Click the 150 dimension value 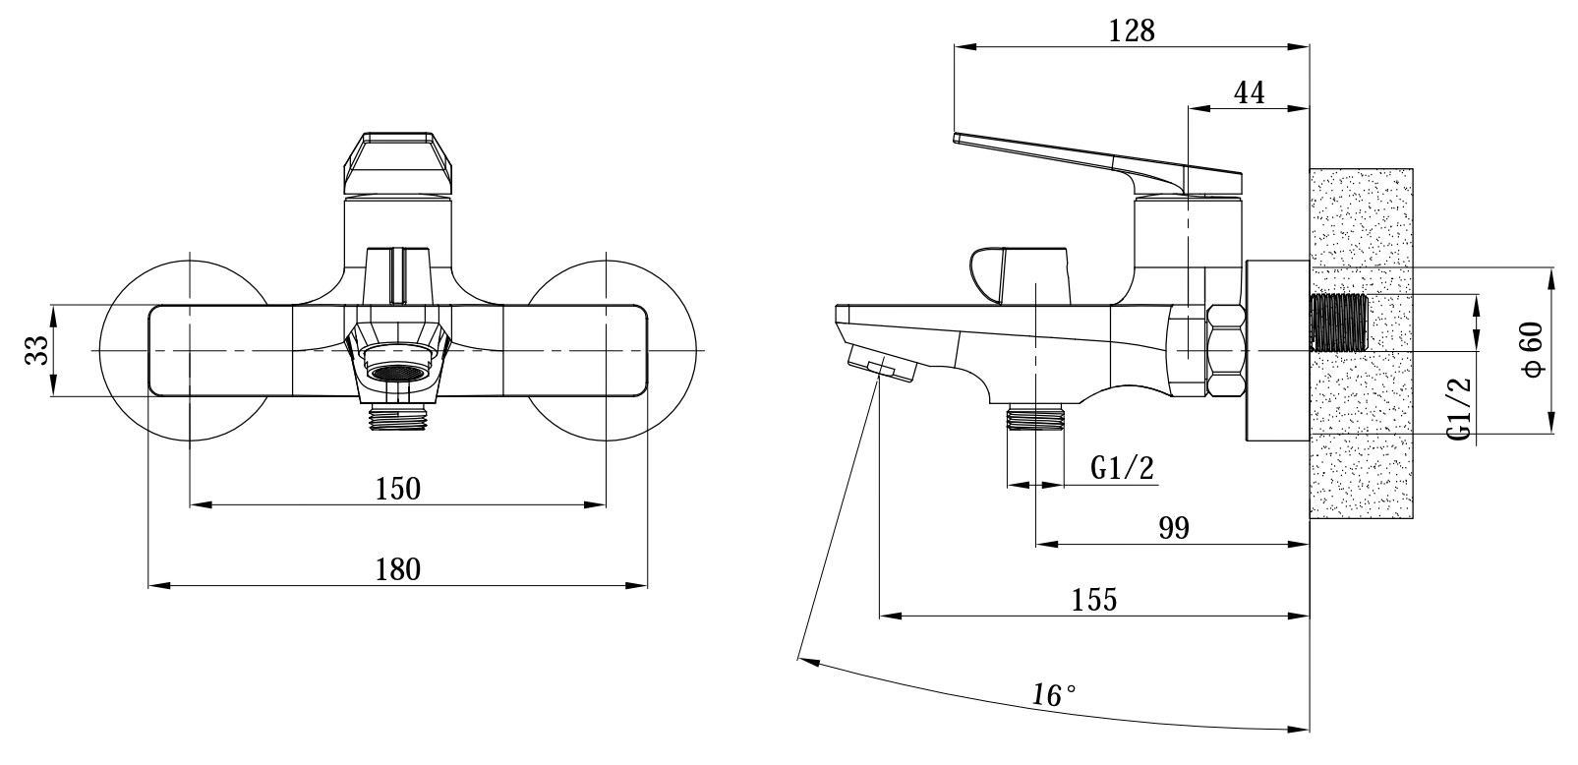397,489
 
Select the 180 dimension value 397,569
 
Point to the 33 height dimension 36,350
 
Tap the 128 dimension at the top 1132,30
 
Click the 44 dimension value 1249,92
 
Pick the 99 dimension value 1174,529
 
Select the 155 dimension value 1095,600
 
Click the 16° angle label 1053,696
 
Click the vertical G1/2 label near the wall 1462,409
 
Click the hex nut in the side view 1226,351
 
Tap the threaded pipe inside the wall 1339,322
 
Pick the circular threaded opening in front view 397,373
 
